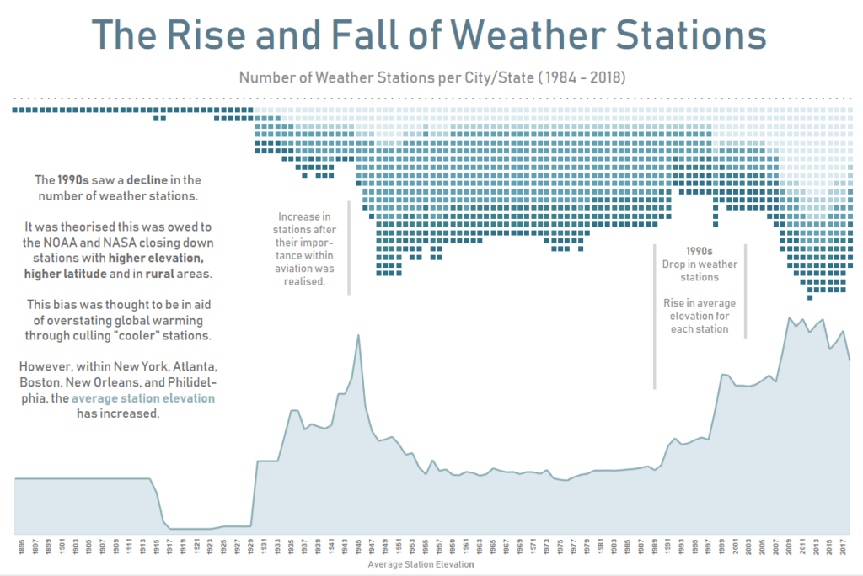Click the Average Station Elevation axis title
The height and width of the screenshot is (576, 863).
(421, 564)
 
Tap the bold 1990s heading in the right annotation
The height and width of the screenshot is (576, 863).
(700, 251)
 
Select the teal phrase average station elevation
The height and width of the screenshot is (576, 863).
(143, 398)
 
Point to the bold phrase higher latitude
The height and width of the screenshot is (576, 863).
(66, 274)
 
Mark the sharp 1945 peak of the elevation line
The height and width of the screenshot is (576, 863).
(359, 335)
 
